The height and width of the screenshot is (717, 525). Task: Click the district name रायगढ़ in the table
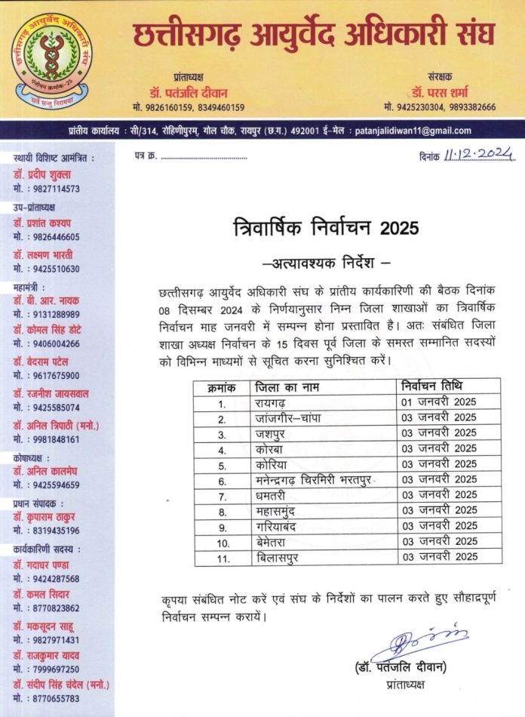click(270, 402)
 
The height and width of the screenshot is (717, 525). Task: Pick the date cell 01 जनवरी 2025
click(439, 402)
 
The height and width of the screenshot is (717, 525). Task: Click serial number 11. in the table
click(222, 557)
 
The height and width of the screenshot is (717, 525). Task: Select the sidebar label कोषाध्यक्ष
click(32, 457)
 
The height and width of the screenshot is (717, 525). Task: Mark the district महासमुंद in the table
click(280, 511)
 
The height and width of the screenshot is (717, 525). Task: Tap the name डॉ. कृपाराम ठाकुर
click(47, 517)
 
